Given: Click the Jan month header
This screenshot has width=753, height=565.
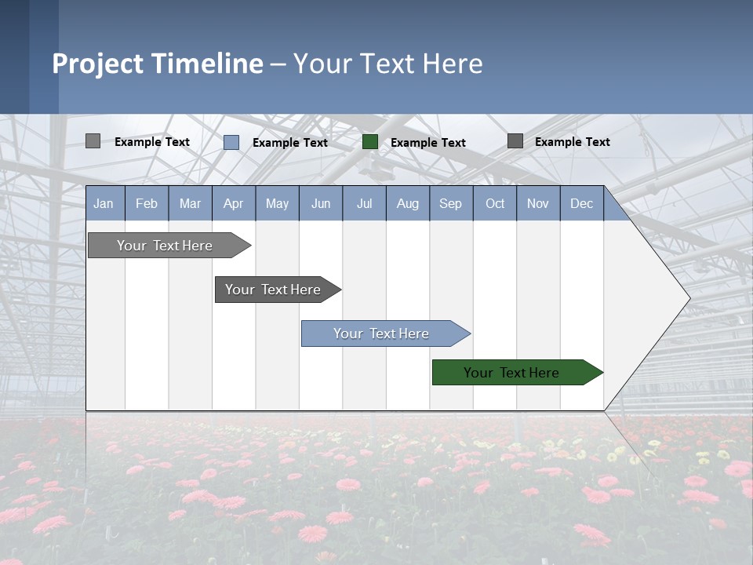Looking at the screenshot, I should click(x=104, y=203).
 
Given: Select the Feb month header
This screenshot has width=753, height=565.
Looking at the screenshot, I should click(x=147, y=203).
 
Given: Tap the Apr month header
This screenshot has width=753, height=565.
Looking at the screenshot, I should click(x=234, y=203).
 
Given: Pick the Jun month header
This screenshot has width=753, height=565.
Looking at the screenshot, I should click(x=321, y=203).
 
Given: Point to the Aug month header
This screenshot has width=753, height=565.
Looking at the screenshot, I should click(x=408, y=203).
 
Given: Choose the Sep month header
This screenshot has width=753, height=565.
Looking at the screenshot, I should click(x=451, y=203).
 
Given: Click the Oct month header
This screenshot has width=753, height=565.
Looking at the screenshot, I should click(x=495, y=203).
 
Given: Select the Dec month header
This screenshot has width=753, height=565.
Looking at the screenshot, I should click(x=582, y=203).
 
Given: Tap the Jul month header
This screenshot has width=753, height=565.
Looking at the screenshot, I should click(x=365, y=203).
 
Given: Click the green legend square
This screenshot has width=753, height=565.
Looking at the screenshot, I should click(x=370, y=142).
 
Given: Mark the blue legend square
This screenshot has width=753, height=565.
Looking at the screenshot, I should click(x=231, y=142).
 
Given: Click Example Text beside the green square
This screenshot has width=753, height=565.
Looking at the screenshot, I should click(x=428, y=143).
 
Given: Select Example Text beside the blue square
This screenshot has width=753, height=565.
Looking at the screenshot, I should click(x=290, y=143).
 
